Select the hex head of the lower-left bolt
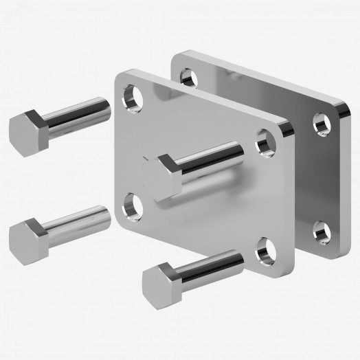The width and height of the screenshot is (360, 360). tap(26, 235)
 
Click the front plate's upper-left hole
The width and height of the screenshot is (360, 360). tap(132, 98)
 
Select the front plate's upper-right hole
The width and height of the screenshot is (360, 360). tap(265, 142)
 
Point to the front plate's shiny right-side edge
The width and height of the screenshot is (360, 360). tap(294, 199)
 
